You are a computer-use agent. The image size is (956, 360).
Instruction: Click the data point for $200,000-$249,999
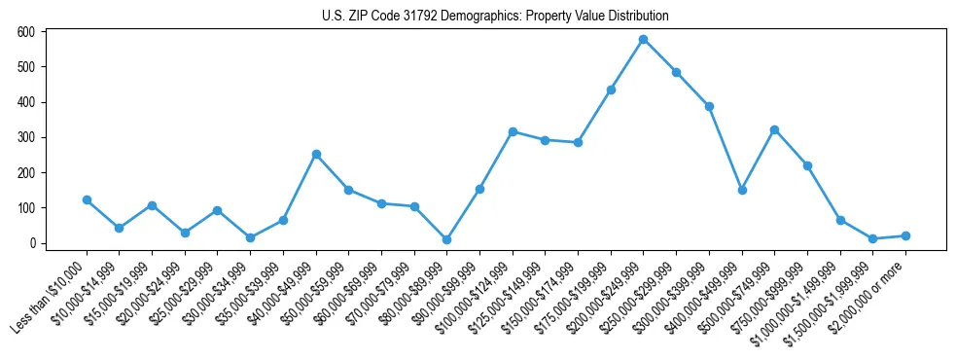[644, 40]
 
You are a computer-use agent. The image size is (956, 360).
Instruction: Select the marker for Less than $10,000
[88, 200]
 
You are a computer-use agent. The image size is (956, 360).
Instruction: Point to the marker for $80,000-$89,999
[446, 239]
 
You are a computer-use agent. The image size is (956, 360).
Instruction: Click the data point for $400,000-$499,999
[742, 190]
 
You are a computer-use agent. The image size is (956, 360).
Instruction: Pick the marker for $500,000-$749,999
[774, 129]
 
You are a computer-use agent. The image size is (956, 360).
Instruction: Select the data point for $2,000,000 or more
[905, 235]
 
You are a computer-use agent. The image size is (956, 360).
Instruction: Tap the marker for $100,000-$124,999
[513, 131]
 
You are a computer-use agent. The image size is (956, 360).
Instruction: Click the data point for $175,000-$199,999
[611, 90]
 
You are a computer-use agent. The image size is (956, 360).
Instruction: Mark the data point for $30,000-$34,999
[251, 237]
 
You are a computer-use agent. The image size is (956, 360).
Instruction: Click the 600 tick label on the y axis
[26, 32]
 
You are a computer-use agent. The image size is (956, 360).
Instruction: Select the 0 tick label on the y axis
[32, 243]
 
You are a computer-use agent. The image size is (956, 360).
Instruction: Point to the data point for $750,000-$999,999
[807, 166]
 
